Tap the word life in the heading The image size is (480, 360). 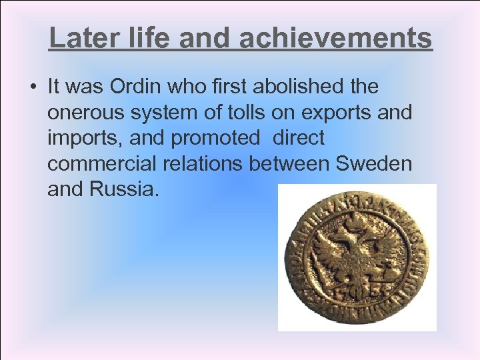point(143,38)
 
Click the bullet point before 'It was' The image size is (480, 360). point(31,87)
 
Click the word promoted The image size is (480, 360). point(215,139)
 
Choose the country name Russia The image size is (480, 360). point(124,190)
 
